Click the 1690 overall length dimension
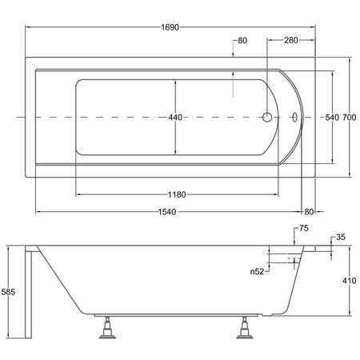pos(170,27)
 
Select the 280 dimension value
pos(291,40)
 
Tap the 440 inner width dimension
pos(175,118)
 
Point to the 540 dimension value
pos(332,118)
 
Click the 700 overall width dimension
pos(350,118)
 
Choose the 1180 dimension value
pos(177,194)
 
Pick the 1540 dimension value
pos(167,212)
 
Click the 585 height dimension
pos(8,292)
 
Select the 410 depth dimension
pos(350,281)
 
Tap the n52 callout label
pos(257,272)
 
